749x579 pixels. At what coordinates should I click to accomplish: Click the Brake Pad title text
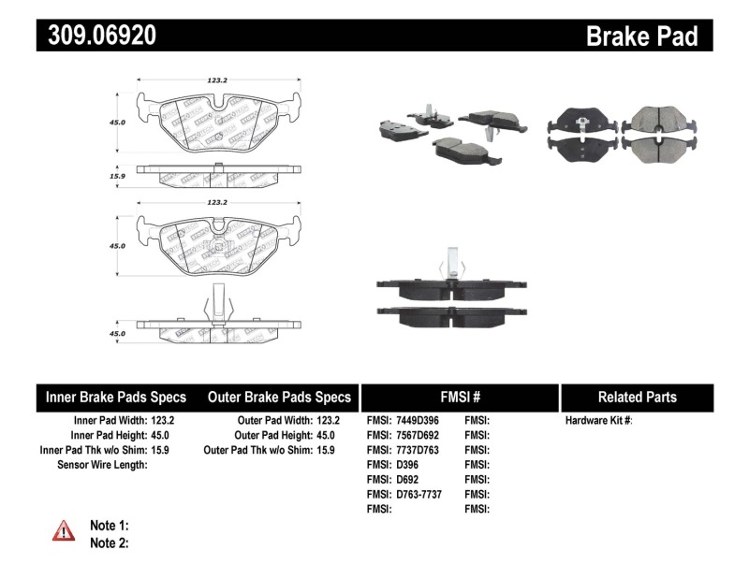click(x=641, y=36)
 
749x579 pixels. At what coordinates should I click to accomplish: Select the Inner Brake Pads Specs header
click(x=116, y=397)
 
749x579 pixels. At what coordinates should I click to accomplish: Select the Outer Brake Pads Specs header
click(x=279, y=397)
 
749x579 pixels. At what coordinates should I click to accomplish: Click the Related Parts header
click(x=637, y=397)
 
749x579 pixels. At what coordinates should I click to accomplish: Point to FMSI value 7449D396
click(x=418, y=421)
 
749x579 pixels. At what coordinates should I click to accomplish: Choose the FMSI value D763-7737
click(x=418, y=494)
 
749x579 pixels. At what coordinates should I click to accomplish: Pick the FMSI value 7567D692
click(x=418, y=435)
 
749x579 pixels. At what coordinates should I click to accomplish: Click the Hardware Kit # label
click(x=598, y=421)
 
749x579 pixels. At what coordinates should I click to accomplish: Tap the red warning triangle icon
click(x=64, y=531)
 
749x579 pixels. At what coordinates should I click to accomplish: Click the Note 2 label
click(x=109, y=543)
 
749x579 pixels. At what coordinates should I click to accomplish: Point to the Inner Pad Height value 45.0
click(x=163, y=435)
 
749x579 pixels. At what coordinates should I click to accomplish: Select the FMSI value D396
click(x=408, y=465)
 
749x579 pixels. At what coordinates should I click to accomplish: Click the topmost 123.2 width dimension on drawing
click(x=217, y=80)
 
